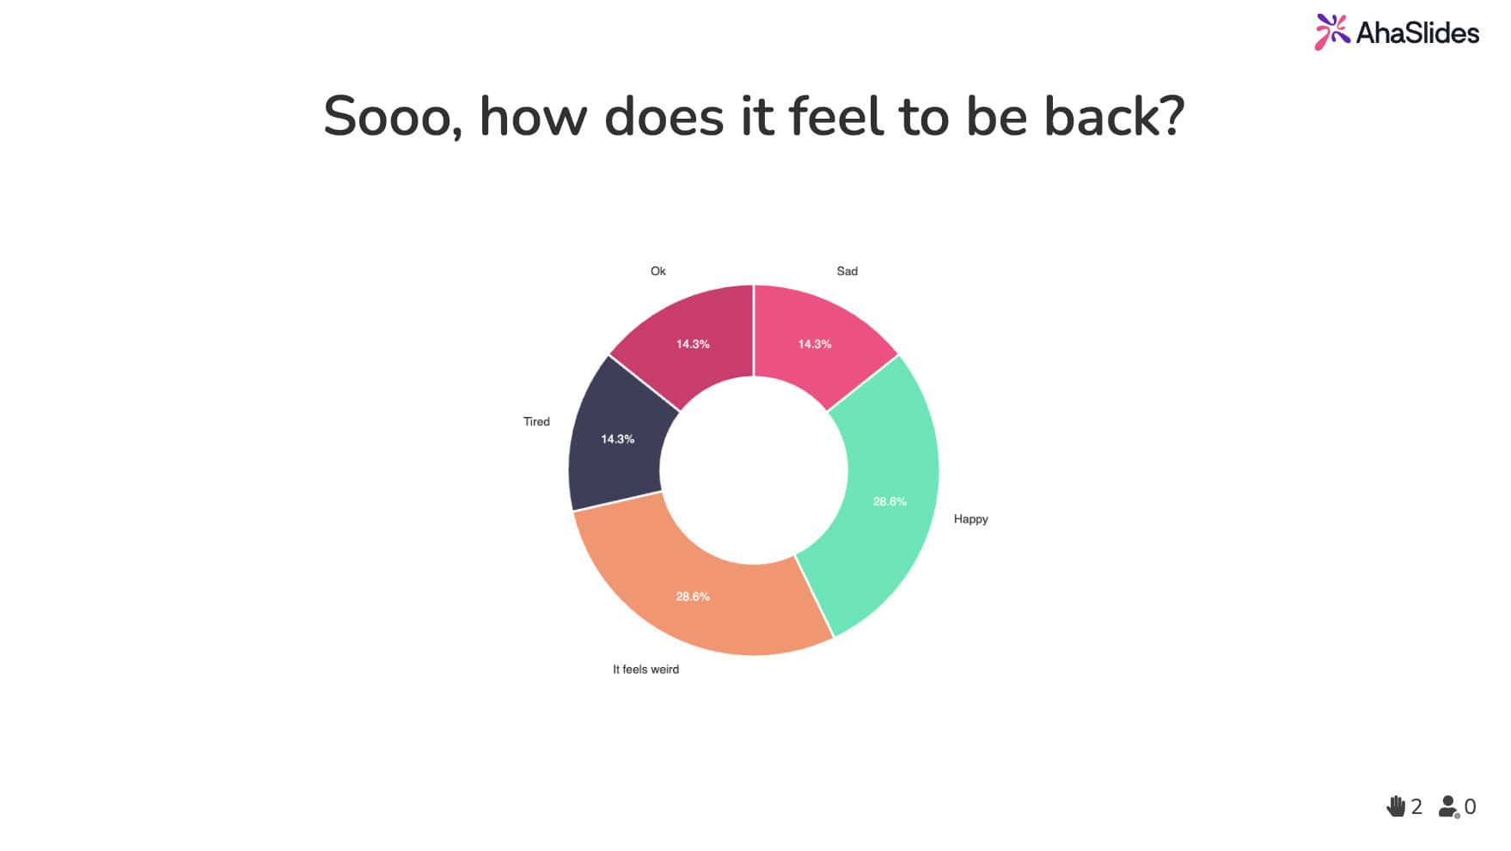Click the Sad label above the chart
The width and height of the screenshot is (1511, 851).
tap(847, 272)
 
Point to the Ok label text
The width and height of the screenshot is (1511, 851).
tap(658, 272)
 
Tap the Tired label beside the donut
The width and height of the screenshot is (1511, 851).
tap(536, 422)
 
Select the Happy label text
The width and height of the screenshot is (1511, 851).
tap(970, 519)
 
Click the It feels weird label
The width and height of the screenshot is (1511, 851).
tap(645, 670)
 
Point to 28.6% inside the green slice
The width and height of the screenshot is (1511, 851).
tap(890, 502)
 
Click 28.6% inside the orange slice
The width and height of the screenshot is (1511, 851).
tap(693, 597)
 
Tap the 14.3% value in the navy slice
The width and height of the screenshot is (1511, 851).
tap(617, 439)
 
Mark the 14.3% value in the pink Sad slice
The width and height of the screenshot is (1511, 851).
tap(815, 345)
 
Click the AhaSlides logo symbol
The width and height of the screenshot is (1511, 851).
tap(1331, 32)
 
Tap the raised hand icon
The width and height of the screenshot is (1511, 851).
tap(1396, 806)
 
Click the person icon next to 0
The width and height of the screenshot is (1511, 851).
tap(1449, 807)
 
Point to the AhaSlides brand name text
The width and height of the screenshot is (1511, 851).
tap(1417, 33)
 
